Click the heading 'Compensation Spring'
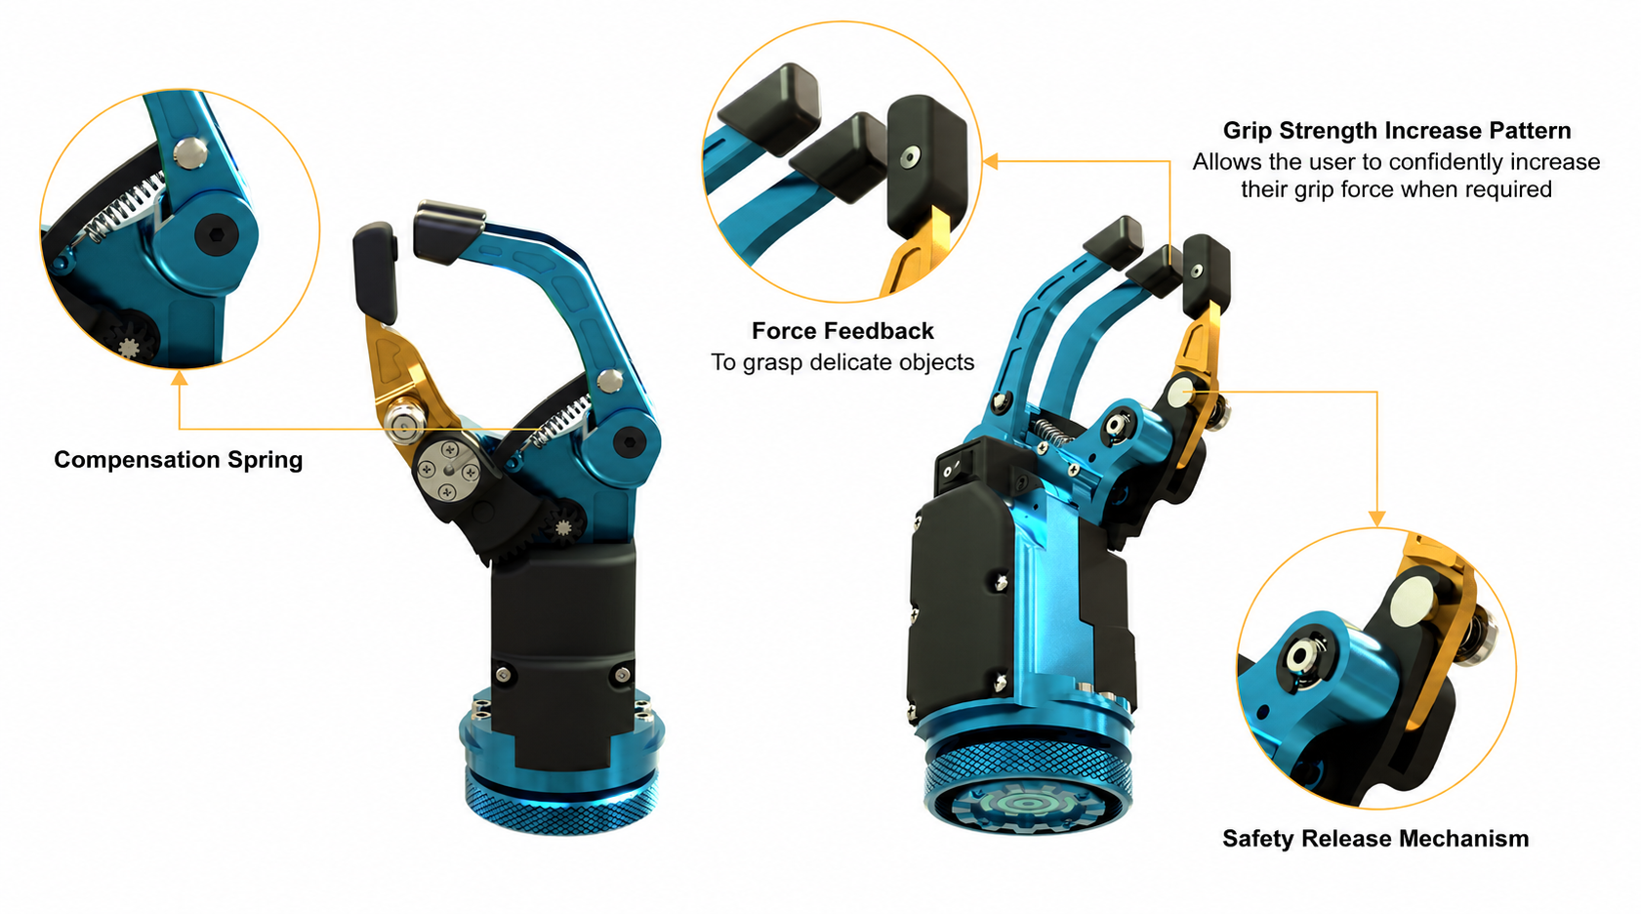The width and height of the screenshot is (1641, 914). pyautogui.click(x=178, y=460)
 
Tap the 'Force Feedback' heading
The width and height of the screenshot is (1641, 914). pyautogui.click(x=842, y=331)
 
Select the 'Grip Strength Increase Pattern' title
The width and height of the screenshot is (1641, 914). pyautogui.click(x=1396, y=131)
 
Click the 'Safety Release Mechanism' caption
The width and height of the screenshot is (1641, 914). pyautogui.click(x=1375, y=839)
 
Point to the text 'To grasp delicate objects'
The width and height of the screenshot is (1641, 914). pyautogui.click(x=842, y=362)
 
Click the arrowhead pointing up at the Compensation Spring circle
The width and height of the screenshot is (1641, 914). pyautogui.click(x=180, y=378)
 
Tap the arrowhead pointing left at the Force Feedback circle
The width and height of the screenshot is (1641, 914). pyautogui.click(x=990, y=161)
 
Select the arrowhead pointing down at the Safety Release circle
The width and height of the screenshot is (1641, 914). pyautogui.click(x=1376, y=519)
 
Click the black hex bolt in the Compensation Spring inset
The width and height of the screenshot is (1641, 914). pyautogui.click(x=216, y=234)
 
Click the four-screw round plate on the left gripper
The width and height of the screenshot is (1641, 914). pyautogui.click(x=448, y=470)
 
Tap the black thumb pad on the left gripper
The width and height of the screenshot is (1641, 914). pyautogui.click(x=376, y=271)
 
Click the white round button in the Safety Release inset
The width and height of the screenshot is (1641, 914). pyautogui.click(x=1412, y=601)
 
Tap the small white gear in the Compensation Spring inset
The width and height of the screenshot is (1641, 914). pyautogui.click(x=129, y=346)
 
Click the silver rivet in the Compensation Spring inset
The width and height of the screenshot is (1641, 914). pyautogui.click(x=190, y=153)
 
